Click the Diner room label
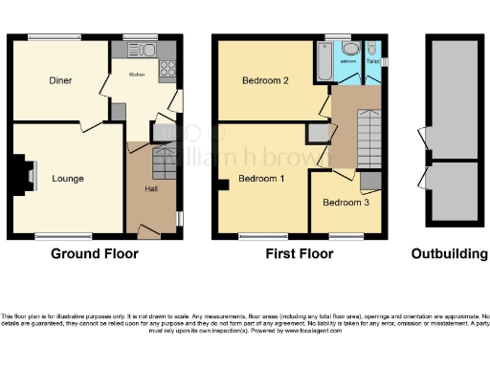pos(60,81)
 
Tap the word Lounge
pos(67,179)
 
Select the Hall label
pos(151,189)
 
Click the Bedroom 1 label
pos(261,179)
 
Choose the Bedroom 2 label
pos(266,81)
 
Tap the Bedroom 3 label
pos(345,203)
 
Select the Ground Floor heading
pos(94,254)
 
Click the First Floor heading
pos(299,254)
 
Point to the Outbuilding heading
pos(448,254)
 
